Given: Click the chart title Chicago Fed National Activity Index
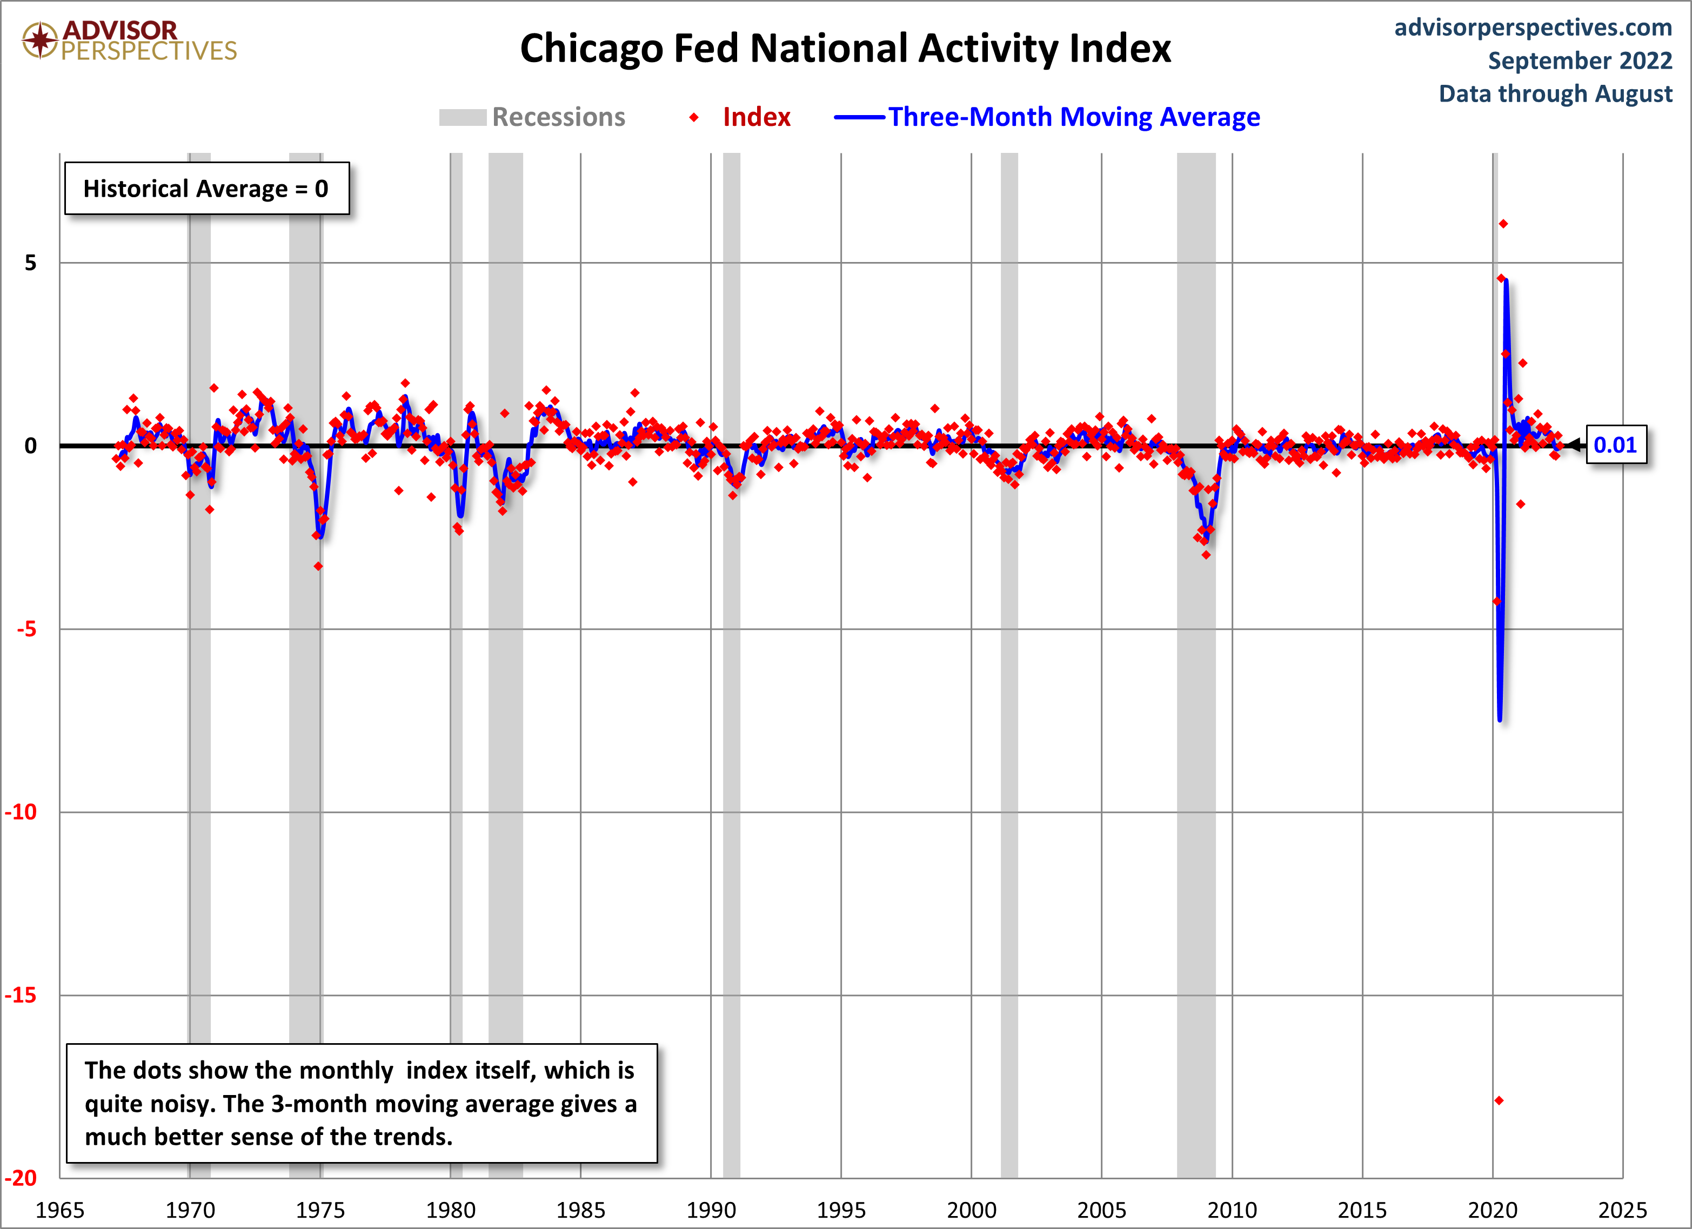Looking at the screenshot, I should pos(845,49).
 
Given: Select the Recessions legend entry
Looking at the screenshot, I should pos(533,117).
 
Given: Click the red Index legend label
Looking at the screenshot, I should pos(755,117).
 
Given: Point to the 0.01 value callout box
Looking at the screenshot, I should pos(1615,445).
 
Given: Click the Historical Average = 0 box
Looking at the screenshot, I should pos(206,189).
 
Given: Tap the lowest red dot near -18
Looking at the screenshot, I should pos(1499,1100).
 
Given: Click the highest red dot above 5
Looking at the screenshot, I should pos(1503,224).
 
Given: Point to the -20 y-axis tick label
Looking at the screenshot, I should pos(21,1178).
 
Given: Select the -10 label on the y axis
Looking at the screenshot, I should pos(21,812).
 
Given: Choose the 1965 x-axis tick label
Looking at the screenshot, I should pos(59,1210).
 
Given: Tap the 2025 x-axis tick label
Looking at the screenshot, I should pos(1622,1210).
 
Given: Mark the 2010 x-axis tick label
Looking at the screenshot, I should pos(1232,1210).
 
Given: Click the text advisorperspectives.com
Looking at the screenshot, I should pos(1533,28).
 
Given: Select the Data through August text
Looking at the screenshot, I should pos(1555,94).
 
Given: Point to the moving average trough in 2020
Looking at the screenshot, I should pos(1500,719).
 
